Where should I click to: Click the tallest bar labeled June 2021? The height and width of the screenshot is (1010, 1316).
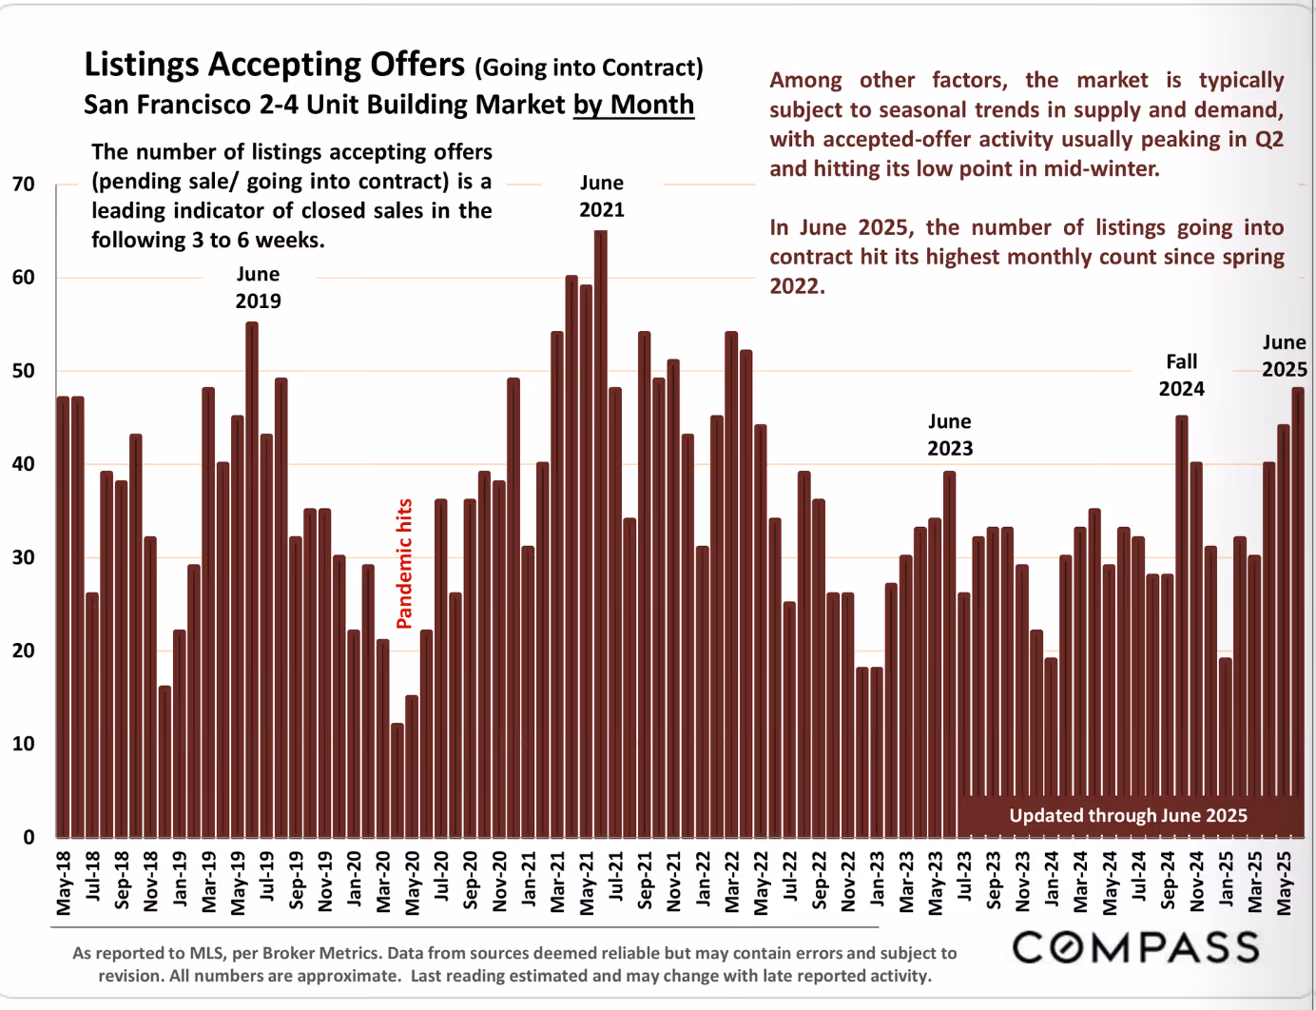click(x=601, y=533)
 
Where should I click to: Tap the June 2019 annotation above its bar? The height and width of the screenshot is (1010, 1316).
click(x=258, y=287)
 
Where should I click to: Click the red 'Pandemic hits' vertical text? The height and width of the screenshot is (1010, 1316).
click(x=404, y=563)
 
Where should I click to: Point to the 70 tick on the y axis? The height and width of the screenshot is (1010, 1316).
click(x=24, y=184)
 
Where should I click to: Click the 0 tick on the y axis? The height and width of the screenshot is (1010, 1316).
click(x=29, y=837)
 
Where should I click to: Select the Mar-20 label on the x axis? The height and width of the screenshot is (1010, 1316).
click(x=383, y=883)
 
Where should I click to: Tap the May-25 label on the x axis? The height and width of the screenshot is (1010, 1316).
click(x=1284, y=883)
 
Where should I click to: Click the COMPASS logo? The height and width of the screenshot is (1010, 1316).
click(x=1136, y=947)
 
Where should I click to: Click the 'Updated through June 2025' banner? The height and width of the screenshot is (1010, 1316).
click(x=1128, y=815)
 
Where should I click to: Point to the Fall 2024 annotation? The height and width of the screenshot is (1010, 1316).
click(x=1181, y=375)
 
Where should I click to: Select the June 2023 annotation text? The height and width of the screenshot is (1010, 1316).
click(x=950, y=435)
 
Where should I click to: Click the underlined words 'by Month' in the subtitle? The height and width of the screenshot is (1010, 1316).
click(x=633, y=105)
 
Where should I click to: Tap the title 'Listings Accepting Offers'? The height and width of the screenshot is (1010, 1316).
click(x=274, y=65)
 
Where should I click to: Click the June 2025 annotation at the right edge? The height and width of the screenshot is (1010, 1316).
click(x=1284, y=356)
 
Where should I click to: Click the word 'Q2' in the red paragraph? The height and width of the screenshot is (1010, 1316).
click(x=1268, y=139)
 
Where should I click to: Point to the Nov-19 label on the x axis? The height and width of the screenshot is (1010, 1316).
click(x=325, y=883)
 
